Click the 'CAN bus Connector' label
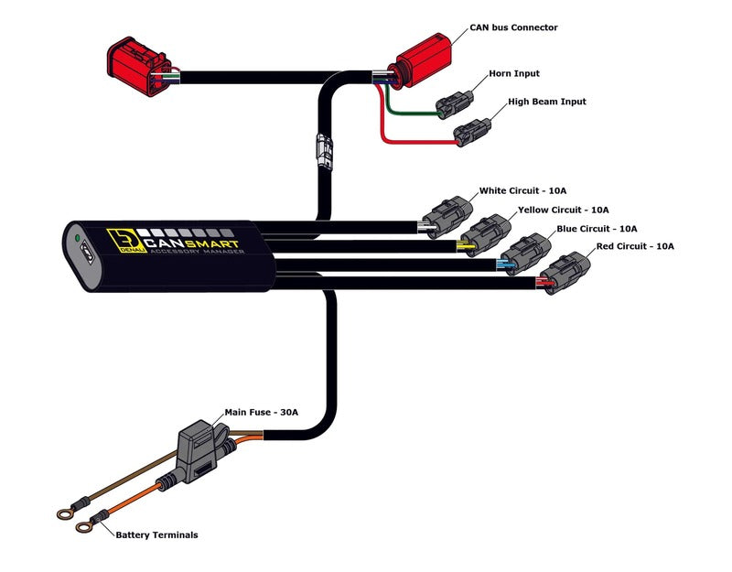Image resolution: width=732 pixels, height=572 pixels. [x=513, y=27]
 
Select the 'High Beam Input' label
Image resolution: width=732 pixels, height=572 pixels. [x=547, y=102]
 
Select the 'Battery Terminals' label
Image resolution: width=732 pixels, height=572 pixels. [x=156, y=534]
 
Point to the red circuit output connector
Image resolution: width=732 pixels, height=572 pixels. [x=564, y=273]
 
